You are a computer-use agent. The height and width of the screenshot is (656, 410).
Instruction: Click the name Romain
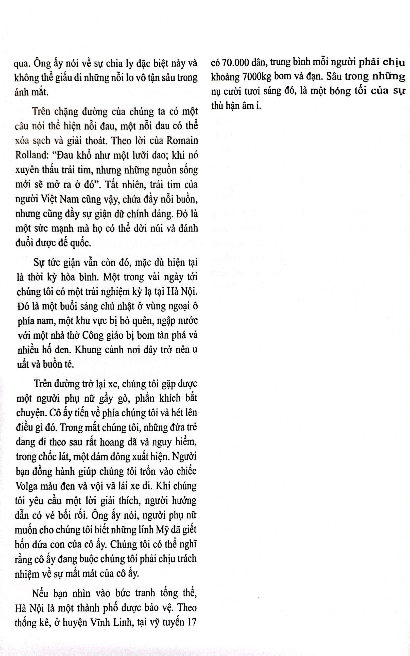coord(182,141)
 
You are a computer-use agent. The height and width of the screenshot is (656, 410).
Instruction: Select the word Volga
coord(27,485)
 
